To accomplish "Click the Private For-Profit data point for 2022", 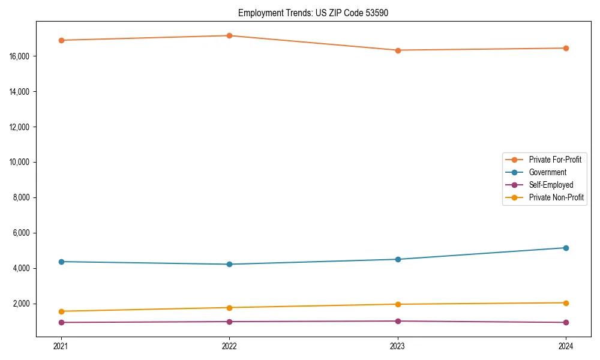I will point(229,35).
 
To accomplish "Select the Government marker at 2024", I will point(566,248).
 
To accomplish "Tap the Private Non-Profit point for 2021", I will point(61,311).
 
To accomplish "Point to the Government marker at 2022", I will point(229,264).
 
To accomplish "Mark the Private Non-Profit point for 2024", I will point(566,303).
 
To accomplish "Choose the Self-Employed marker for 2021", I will point(61,322).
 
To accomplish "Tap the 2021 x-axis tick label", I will point(61,346).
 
